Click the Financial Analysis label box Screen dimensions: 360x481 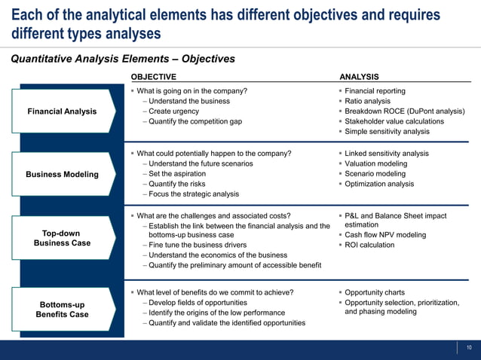tap(62, 111)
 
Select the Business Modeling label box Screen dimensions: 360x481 tap(62, 175)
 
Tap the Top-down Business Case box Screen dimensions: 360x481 tap(62, 238)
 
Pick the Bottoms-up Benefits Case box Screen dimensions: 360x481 tap(62, 310)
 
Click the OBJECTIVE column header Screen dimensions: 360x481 tap(154, 77)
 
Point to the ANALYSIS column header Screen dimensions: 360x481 tap(360, 77)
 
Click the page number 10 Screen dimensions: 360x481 tap(469, 347)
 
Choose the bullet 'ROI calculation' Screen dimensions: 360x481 tap(369, 245)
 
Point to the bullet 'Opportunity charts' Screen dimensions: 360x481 tap(374, 292)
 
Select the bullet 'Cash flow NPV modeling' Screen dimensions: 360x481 tap(384, 235)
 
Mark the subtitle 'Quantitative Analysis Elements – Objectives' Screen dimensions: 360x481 tap(122, 59)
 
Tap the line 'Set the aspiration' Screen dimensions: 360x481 tap(182, 174)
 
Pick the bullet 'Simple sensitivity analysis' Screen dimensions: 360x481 tap(387, 131)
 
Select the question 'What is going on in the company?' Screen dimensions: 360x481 tap(191, 91)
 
